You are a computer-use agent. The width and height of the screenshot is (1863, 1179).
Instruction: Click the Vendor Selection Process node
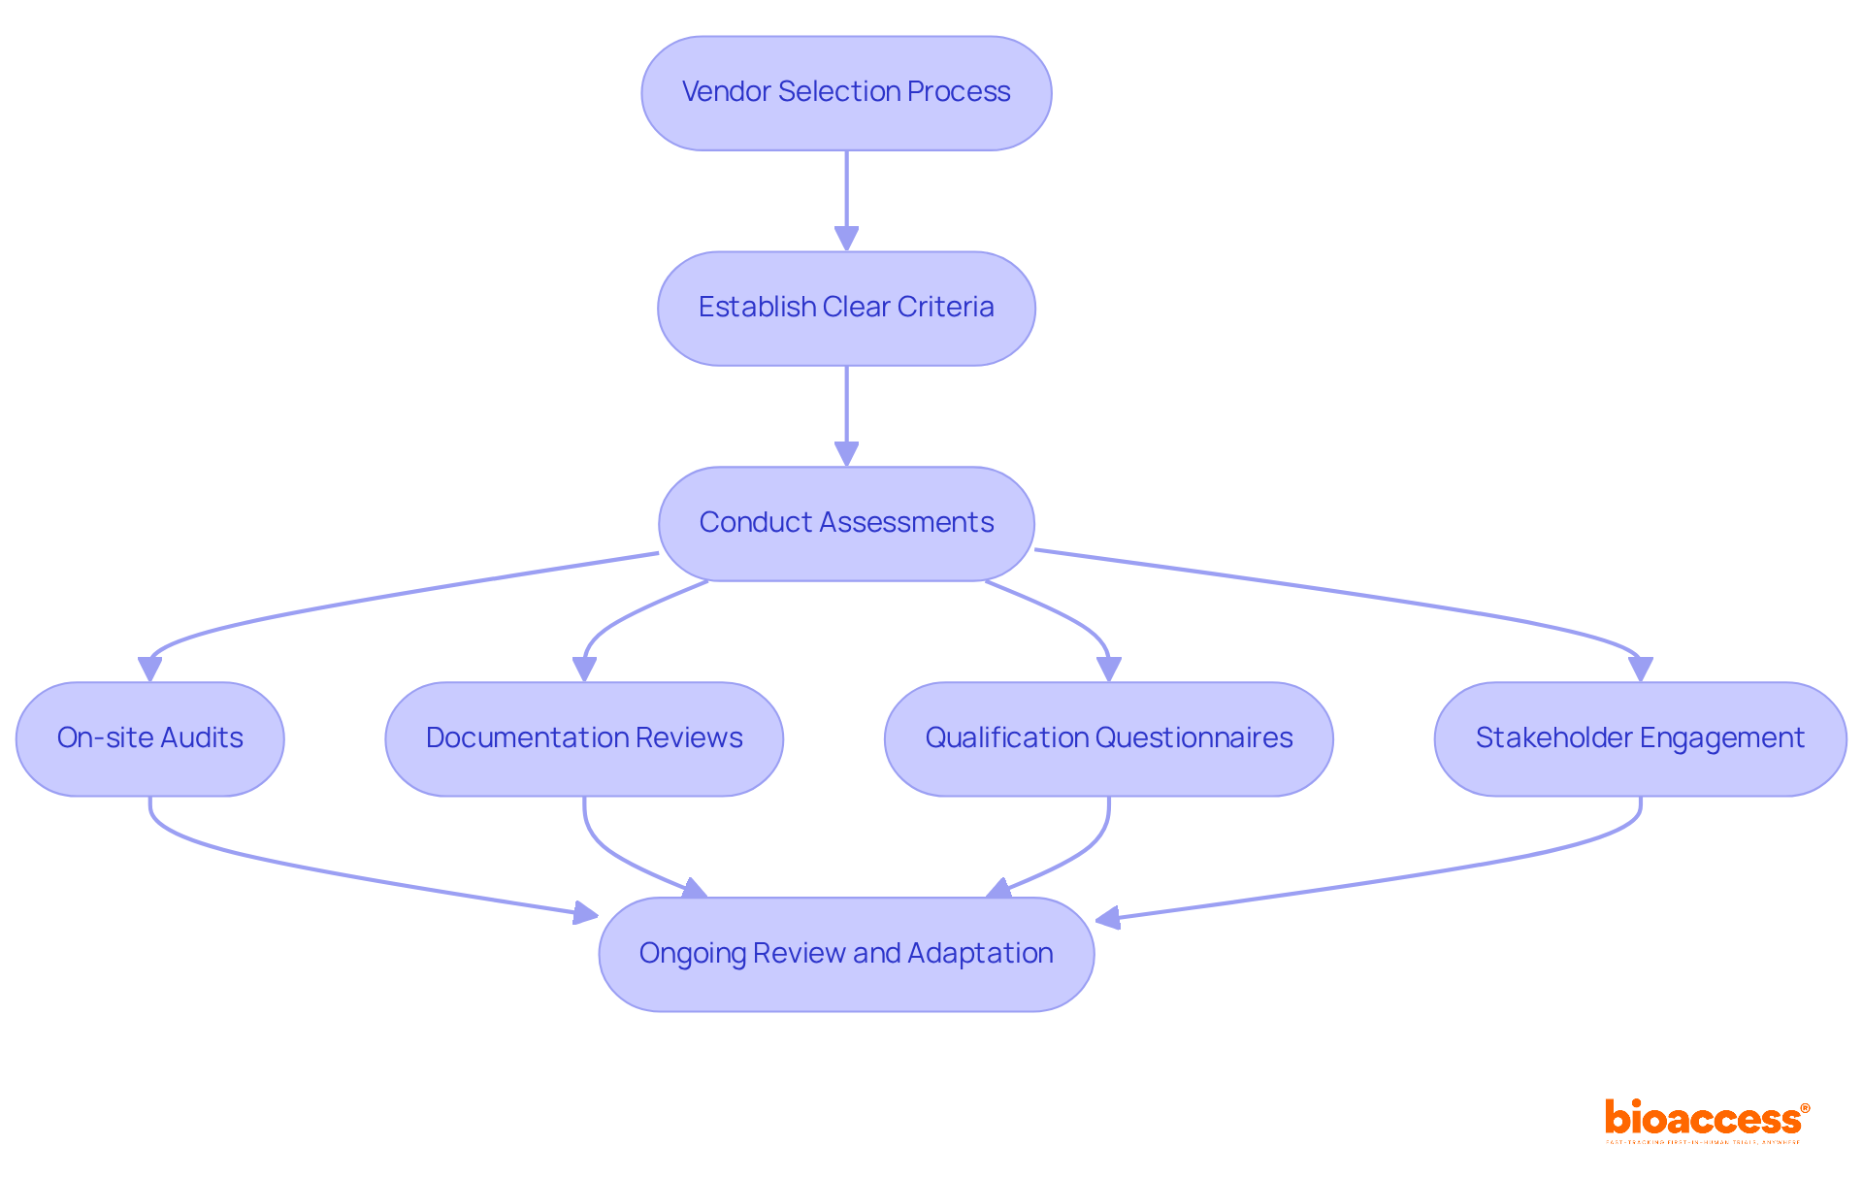(846, 93)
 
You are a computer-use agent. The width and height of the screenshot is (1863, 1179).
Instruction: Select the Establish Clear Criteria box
(846, 309)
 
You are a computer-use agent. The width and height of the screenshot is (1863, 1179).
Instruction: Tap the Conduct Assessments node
(846, 524)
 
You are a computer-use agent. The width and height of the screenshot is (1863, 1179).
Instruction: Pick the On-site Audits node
(150, 739)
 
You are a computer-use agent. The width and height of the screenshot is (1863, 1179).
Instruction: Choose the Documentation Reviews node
(584, 739)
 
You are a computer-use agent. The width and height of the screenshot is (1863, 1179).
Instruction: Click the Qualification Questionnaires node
(1108, 739)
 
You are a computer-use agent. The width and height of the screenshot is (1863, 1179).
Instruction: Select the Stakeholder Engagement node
(1640, 739)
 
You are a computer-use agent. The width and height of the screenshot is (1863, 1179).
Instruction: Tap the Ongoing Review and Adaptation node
(846, 955)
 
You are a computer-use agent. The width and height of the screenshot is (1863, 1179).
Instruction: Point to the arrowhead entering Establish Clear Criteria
(846, 239)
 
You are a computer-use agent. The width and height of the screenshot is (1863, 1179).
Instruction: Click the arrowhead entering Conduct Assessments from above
(846, 454)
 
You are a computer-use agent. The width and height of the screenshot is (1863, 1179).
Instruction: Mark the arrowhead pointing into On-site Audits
(150, 670)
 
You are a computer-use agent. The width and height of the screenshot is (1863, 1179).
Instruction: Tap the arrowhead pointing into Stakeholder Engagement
(1640, 670)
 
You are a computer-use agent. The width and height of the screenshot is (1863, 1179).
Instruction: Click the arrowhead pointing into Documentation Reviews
(584, 670)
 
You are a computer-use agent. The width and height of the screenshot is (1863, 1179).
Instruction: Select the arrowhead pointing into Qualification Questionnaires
(1108, 670)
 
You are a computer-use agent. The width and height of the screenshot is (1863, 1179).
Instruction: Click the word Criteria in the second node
(945, 307)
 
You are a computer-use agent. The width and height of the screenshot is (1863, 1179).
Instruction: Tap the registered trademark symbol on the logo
(1805, 1108)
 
